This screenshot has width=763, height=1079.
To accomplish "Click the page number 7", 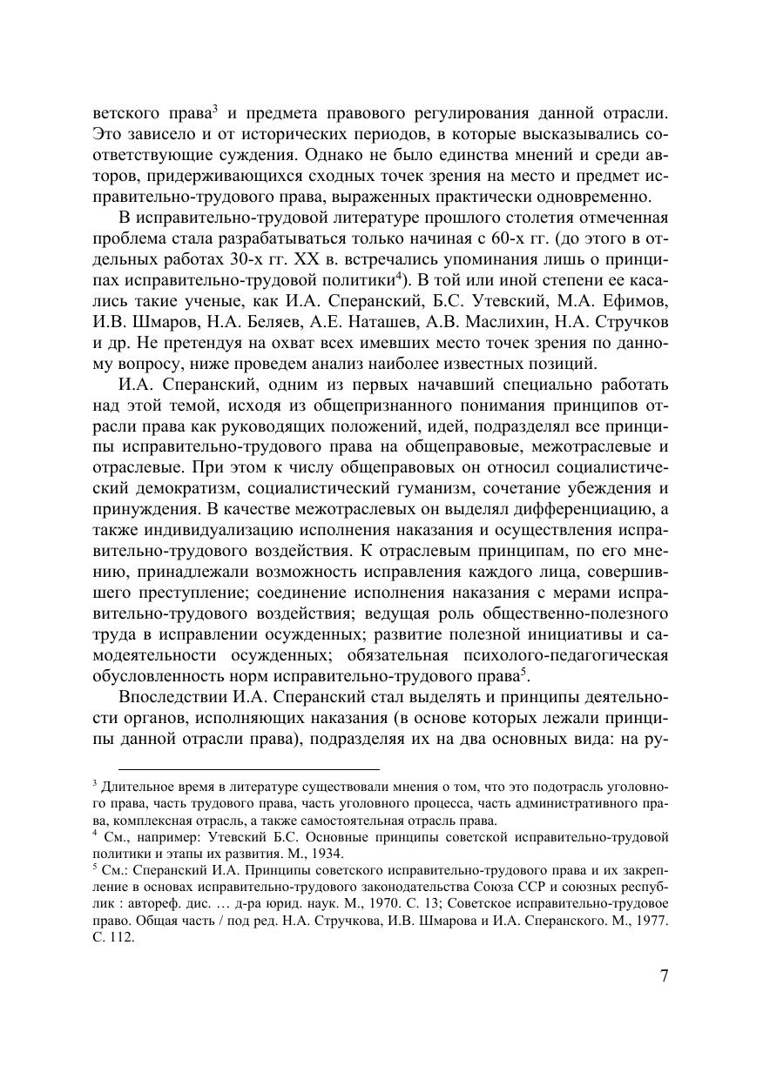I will coord(664,974).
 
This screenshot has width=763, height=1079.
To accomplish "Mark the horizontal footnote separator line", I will coord(248,769).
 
